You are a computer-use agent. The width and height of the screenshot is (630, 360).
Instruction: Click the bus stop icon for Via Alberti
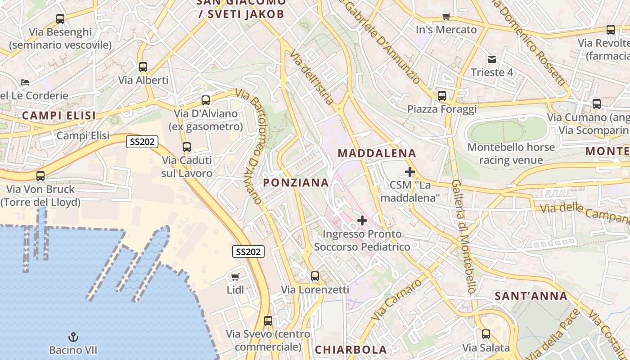pos(143,67)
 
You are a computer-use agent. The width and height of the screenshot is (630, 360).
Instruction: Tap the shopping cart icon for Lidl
pos(235,277)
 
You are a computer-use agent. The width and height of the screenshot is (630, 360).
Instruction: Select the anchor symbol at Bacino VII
pos(73,337)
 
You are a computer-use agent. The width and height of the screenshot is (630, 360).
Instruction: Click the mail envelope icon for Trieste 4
pos(491,59)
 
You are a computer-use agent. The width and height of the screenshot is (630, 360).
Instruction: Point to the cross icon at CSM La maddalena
pos(410,171)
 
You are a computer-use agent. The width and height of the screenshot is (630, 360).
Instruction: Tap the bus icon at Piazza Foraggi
pos(442,96)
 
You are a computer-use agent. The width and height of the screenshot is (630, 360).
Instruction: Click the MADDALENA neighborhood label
pos(377,153)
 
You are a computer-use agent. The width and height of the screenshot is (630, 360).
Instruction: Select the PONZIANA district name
pos(296,182)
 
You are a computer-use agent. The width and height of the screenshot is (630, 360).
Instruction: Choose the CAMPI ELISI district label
pos(59,116)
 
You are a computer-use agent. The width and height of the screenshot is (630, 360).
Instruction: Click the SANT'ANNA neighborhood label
pos(531,296)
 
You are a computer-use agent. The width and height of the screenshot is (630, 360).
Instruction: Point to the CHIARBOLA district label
pos(351,350)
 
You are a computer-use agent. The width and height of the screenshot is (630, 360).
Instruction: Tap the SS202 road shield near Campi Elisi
pos(142,142)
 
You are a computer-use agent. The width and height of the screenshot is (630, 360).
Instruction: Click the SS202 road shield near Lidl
pos(248,252)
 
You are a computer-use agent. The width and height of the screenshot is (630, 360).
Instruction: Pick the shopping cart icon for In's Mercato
pos(446,17)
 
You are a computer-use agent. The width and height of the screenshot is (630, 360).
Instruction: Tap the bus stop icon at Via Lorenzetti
pos(315,276)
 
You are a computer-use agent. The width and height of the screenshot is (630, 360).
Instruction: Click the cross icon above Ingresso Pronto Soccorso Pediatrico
pos(362,220)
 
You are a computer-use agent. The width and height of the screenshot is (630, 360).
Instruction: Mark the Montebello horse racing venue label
pos(511,153)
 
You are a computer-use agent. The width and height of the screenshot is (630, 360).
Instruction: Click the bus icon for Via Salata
pos(486,334)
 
